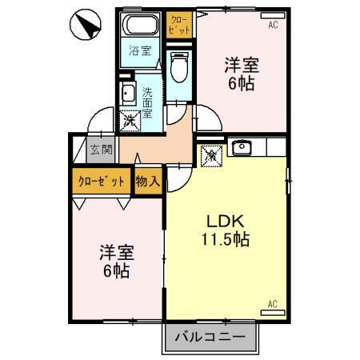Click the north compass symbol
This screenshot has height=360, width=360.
(x=86, y=26)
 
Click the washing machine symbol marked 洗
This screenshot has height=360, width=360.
(x=130, y=121)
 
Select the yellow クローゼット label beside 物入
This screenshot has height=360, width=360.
(x=100, y=181)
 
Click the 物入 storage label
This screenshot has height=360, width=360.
(x=147, y=181)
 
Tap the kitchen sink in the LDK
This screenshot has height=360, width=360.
(x=240, y=147)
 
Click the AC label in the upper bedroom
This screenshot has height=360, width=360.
(x=273, y=26)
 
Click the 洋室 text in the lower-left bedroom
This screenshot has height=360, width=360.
(x=116, y=252)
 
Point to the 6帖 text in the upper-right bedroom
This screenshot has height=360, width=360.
(x=242, y=82)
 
